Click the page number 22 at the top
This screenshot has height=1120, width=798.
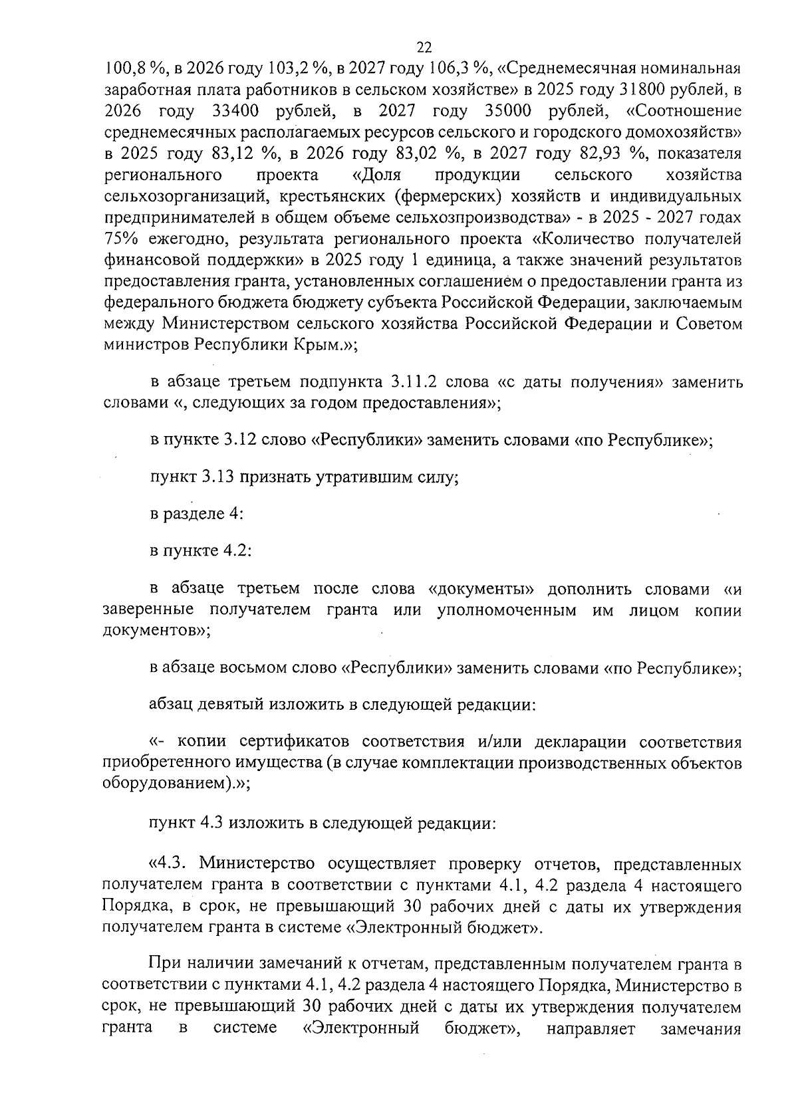pyautogui.click(x=424, y=47)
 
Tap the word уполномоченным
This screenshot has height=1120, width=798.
pyautogui.click(x=507, y=610)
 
